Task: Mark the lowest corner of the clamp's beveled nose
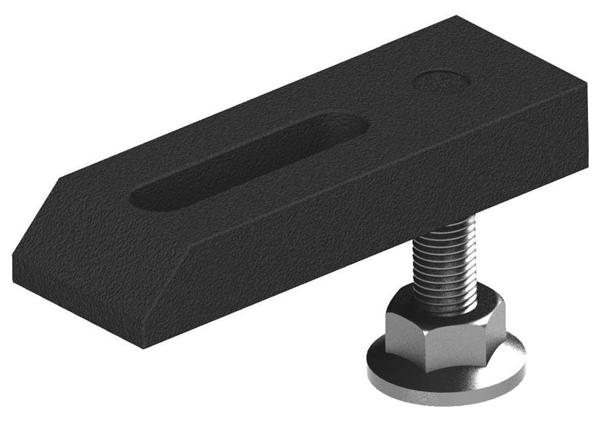[143, 345]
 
